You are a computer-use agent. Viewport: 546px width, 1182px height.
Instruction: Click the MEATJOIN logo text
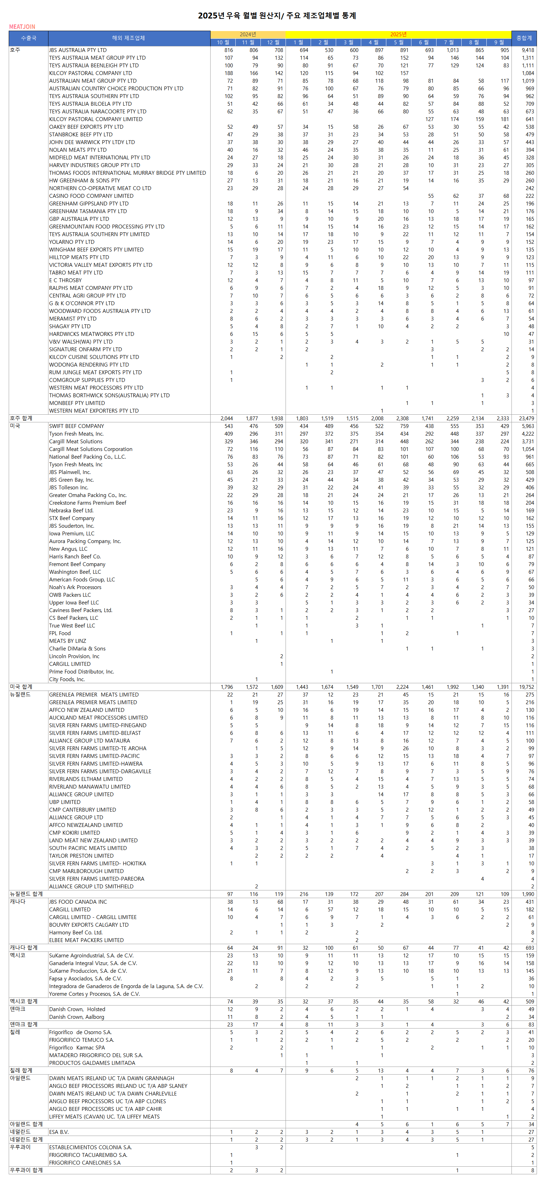pos(22,27)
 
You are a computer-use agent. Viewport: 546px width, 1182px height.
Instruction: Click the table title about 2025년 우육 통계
pos(277,16)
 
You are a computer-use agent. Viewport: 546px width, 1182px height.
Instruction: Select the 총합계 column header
pos(524,38)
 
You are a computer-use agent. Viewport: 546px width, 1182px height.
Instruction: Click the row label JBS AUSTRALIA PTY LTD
pos(78,50)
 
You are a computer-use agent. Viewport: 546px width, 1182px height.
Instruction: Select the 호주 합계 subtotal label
pos(21,419)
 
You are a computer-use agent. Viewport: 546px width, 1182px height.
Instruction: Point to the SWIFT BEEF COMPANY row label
pos(77,426)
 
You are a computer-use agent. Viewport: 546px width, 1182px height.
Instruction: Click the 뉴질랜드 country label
pos(20,695)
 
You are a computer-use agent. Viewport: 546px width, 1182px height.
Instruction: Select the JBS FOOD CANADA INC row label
pos(78,902)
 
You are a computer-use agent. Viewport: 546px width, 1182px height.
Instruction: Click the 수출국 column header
pos(29,38)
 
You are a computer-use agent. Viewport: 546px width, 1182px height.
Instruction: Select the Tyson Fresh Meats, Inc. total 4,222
pos(528,434)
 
